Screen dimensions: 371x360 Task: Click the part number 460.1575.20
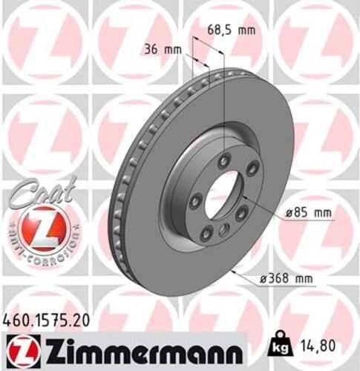50,317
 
